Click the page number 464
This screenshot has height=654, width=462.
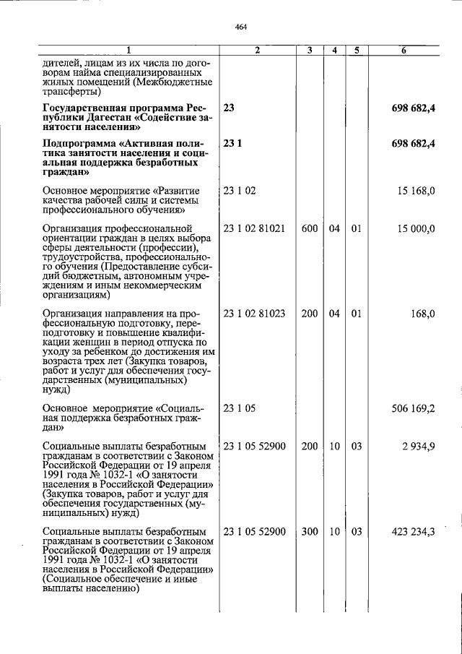(x=241, y=27)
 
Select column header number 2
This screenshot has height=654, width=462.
(x=257, y=50)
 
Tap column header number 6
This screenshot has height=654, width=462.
(x=404, y=50)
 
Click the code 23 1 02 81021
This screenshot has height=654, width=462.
(x=255, y=228)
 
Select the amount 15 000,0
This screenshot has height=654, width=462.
(x=416, y=228)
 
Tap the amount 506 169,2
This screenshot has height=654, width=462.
(x=413, y=408)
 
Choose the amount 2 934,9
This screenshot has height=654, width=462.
(x=418, y=447)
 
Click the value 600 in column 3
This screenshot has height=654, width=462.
(x=310, y=228)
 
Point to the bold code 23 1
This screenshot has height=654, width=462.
(x=232, y=143)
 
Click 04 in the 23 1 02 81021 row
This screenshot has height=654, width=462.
(x=334, y=228)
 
